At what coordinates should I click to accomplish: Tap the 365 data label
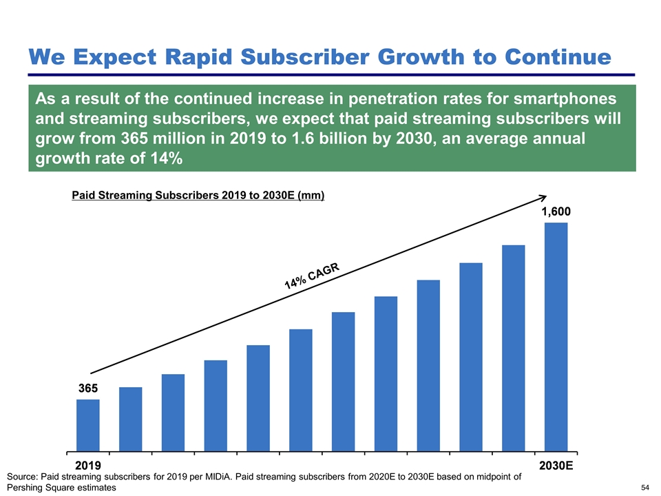click(87, 389)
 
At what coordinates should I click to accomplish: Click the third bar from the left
click(173, 411)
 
